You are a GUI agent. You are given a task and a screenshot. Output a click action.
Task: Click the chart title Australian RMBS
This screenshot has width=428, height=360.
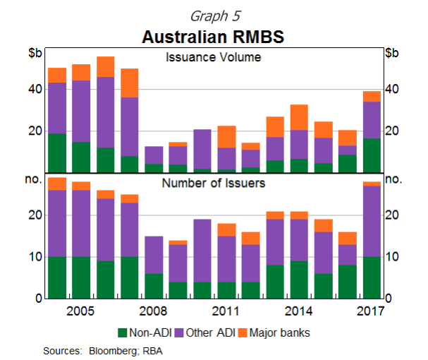point(212,35)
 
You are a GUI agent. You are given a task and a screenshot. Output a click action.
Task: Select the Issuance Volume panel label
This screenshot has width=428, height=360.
point(213,57)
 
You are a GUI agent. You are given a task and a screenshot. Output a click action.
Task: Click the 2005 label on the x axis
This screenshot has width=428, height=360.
point(81,311)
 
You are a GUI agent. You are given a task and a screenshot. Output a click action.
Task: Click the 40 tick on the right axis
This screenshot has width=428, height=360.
point(393,89)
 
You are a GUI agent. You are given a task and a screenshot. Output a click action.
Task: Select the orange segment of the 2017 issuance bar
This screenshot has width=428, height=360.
point(372,96)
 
